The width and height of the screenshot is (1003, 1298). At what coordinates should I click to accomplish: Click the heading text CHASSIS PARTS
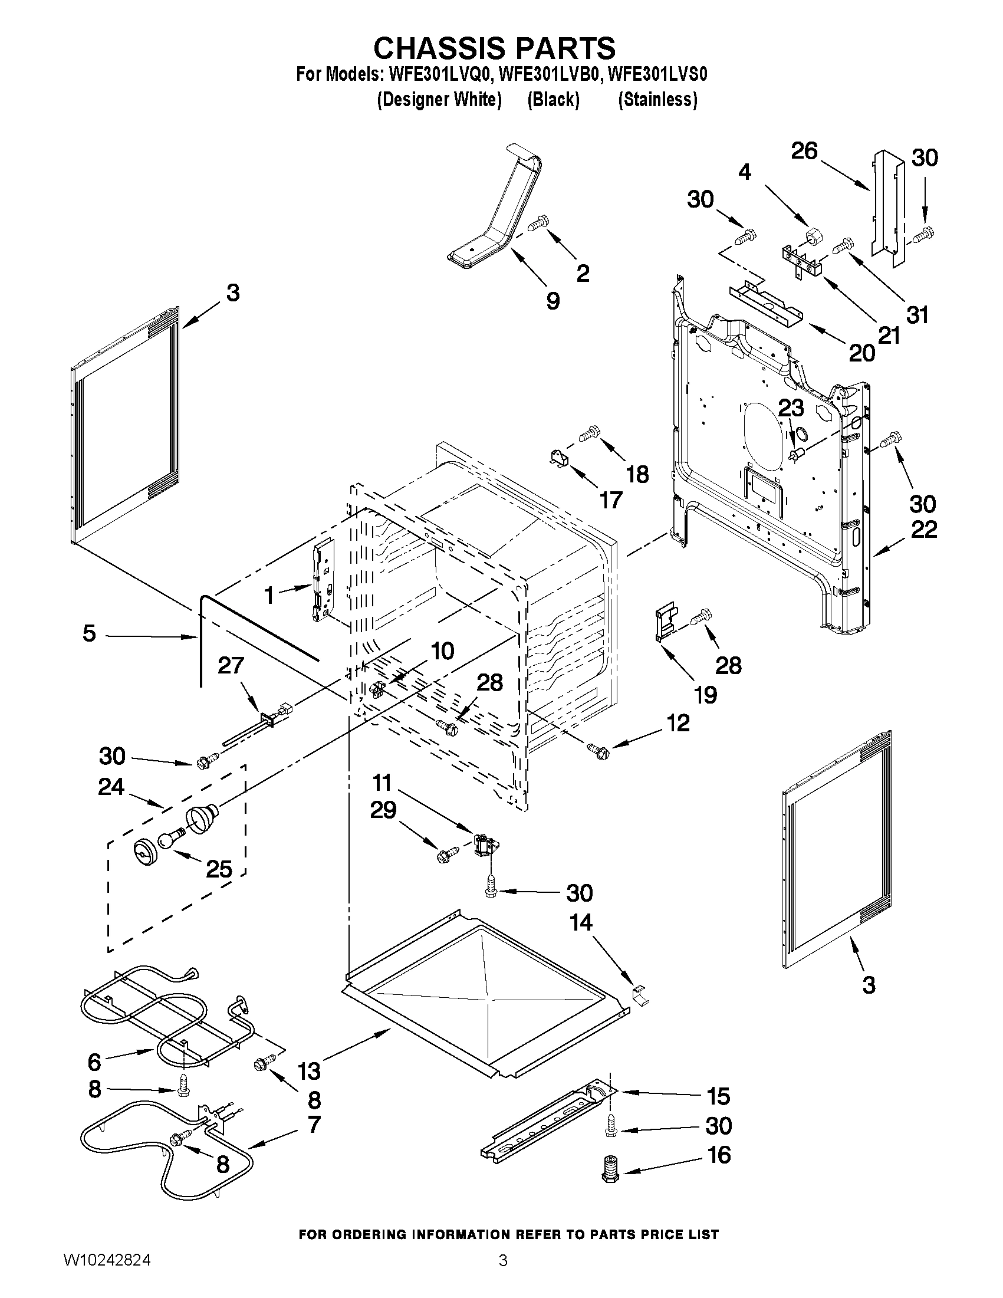(x=494, y=47)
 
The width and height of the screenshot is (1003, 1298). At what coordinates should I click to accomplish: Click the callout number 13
(x=310, y=1072)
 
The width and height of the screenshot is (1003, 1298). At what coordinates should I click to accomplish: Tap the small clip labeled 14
(x=639, y=994)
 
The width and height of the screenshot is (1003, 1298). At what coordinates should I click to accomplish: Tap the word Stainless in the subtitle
(x=658, y=100)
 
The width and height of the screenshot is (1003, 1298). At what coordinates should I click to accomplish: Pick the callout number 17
(x=610, y=500)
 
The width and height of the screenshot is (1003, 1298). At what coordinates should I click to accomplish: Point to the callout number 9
(x=553, y=301)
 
